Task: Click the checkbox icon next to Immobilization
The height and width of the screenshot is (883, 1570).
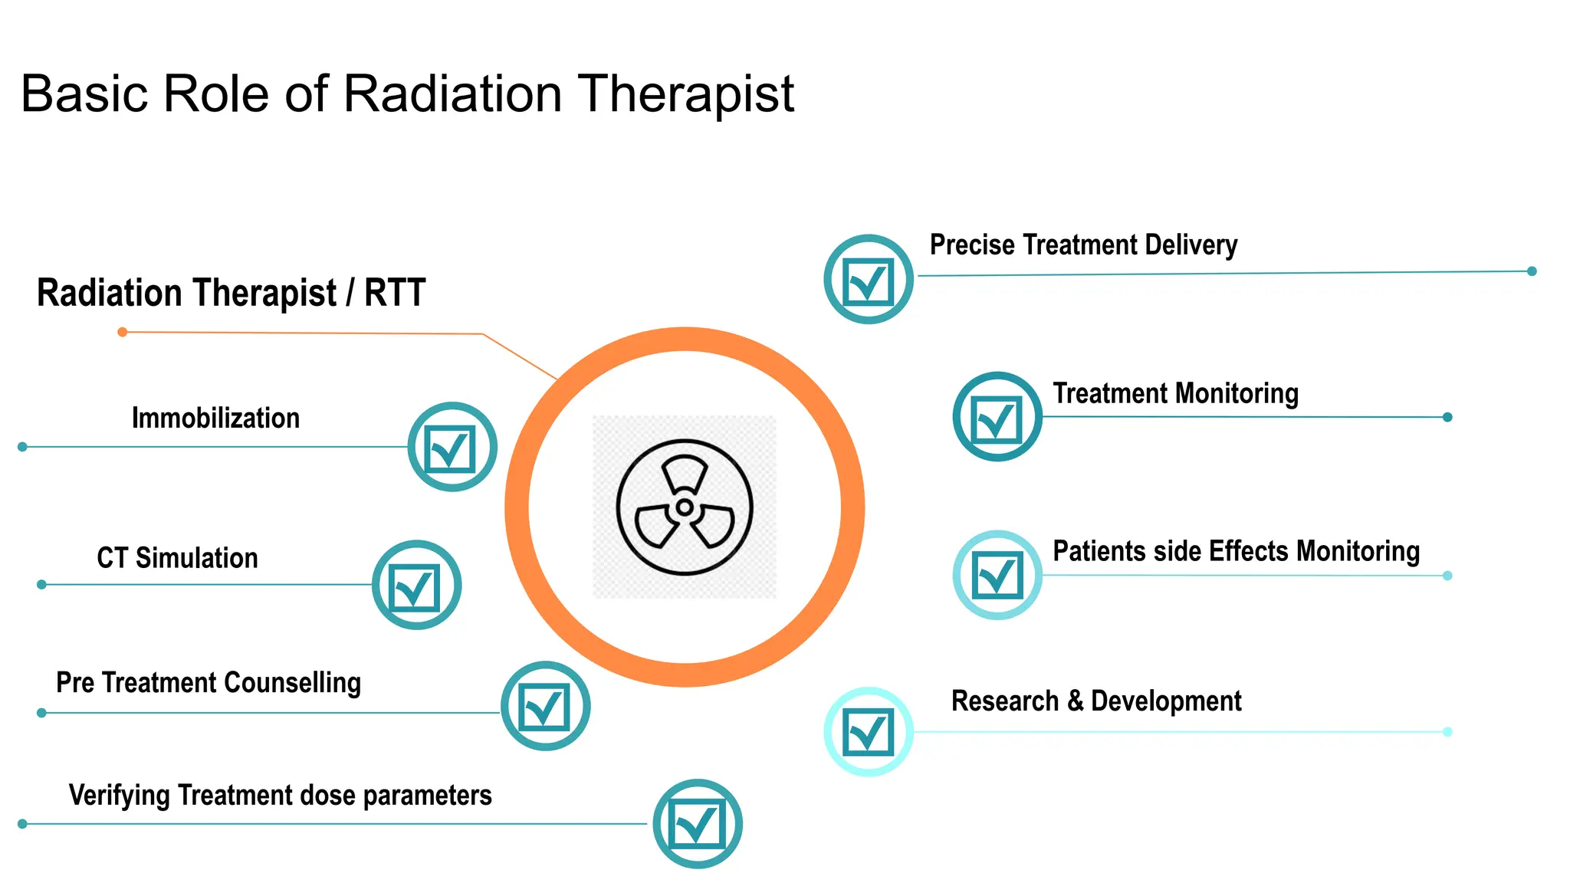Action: click(452, 447)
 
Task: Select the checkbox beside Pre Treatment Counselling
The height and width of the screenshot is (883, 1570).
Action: click(545, 706)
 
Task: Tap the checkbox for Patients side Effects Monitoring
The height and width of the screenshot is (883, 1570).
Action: click(997, 575)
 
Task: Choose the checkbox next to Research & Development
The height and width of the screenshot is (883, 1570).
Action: click(869, 731)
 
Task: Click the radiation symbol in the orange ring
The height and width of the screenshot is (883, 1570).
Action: click(685, 507)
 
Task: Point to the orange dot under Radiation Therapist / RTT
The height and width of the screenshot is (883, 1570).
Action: click(123, 332)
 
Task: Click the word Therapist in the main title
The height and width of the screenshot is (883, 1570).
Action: click(685, 94)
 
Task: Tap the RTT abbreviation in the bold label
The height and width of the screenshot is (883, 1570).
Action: click(395, 293)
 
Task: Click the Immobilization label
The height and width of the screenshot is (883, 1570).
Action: click(215, 419)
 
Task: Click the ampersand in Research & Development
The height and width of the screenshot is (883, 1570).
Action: click(1075, 701)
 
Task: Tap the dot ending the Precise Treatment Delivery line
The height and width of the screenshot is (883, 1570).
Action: click(1532, 271)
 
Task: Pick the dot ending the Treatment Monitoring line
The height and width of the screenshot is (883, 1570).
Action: click(1447, 417)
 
